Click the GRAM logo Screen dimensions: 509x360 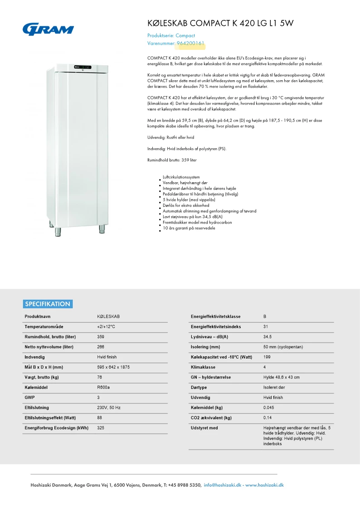point(48,29)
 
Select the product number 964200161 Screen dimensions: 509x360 point(190,44)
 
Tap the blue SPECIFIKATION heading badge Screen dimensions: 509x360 point(48,304)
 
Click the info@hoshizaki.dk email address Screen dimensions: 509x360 point(223,485)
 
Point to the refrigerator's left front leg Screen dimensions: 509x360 point(58,231)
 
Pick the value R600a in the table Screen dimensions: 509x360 point(103,388)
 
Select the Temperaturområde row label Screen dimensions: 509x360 point(44,326)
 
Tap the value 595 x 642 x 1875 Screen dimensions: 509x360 point(113,367)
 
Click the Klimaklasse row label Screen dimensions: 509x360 point(203,367)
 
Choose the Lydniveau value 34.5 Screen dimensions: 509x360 point(268,337)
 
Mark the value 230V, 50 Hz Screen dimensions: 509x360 point(109,407)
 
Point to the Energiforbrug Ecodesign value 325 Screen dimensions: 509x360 point(101,428)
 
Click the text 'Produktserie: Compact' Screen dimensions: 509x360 point(171,35)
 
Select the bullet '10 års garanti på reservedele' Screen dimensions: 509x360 point(189,228)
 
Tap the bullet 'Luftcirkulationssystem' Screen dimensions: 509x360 point(181,177)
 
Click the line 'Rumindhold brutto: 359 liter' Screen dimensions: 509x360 point(172,160)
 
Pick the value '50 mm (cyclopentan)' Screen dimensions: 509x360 point(283,347)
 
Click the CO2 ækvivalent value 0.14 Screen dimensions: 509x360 point(268,417)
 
